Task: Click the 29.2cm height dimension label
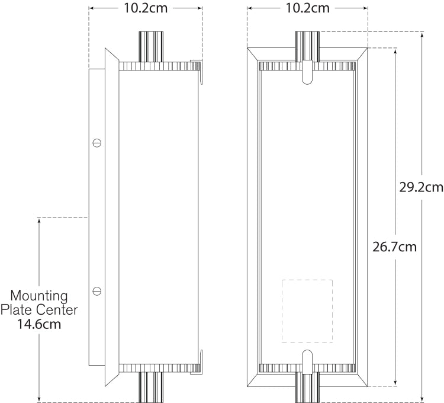point(422,187)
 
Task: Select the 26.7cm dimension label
point(394,247)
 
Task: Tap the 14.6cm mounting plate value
point(39,324)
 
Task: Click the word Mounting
point(39,296)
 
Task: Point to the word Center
point(58,310)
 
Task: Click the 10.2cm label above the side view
point(146,8)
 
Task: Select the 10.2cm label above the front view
point(307,8)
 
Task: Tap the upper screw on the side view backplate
point(97,143)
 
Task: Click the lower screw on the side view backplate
point(97,291)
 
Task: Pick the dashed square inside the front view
point(307,311)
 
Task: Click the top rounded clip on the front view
point(307,72)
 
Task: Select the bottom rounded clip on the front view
point(307,362)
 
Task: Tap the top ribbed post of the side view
point(151,47)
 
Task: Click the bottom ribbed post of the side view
point(151,387)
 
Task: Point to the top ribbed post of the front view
point(307,47)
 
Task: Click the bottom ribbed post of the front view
point(307,387)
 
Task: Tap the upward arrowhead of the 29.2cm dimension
point(422,35)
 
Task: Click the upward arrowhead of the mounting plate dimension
point(39,221)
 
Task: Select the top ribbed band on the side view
point(160,66)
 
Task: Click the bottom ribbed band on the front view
point(307,368)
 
